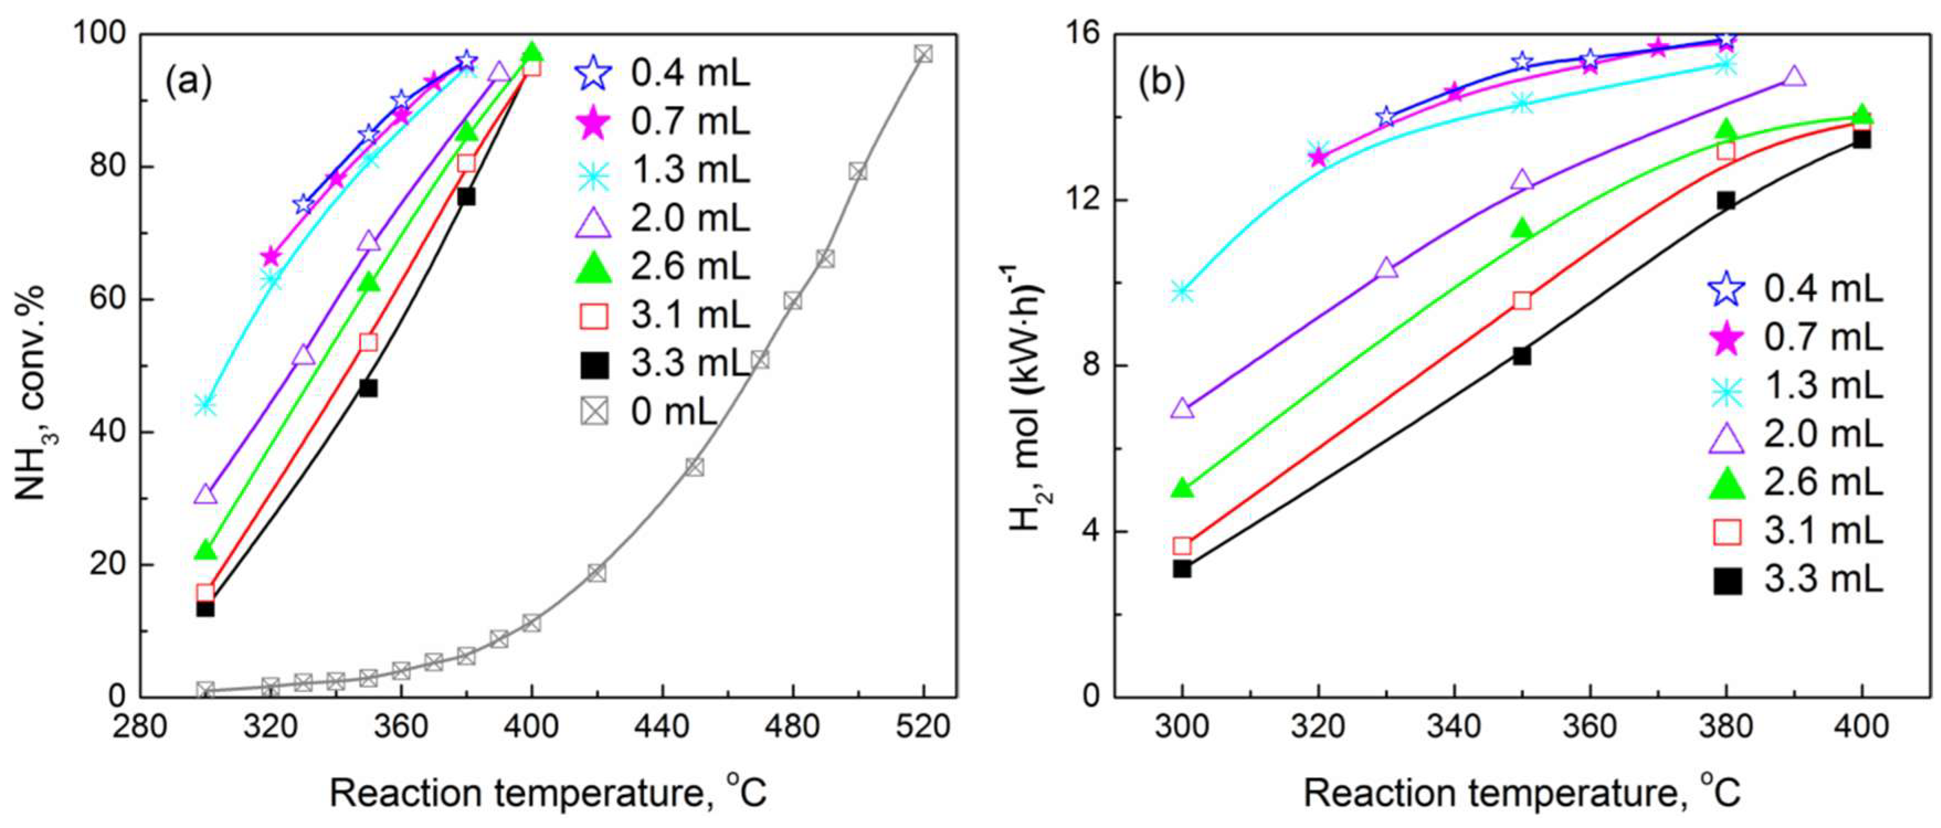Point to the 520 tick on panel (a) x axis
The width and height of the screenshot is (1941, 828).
[923, 727]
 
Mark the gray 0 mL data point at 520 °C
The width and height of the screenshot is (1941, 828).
[923, 54]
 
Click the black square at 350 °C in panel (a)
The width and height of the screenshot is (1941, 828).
[368, 388]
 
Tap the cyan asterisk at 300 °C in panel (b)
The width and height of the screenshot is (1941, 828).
[1182, 291]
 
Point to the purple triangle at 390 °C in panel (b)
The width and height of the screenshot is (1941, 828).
[1794, 77]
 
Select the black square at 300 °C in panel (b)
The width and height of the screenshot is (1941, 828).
[1182, 568]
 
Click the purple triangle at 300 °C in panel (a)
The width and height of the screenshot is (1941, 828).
[206, 495]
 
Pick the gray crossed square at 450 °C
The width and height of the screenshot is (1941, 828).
[695, 467]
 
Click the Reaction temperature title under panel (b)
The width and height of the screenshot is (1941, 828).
[1522, 793]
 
